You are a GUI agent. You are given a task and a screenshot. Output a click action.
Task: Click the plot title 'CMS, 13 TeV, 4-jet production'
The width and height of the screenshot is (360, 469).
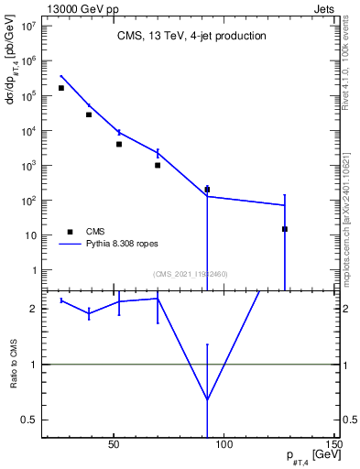pyautogui.click(x=191, y=37)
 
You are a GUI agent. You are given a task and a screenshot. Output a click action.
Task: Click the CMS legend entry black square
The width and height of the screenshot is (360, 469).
pyautogui.click(x=67, y=232)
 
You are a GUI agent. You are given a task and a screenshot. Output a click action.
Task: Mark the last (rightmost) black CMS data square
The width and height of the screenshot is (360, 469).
pyautogui.click(x=285, y=229)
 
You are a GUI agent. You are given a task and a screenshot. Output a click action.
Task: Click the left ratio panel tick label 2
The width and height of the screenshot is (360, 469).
pyautogui.click(x=35, y=309)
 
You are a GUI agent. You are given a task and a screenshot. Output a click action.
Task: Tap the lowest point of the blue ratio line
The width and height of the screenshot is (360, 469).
pyautogui.click(x=207, y=399)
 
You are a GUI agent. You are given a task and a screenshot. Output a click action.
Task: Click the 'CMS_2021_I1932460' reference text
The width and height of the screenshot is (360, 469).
pyautogui.click(x=190, y=274)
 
